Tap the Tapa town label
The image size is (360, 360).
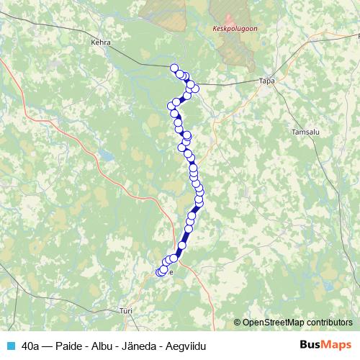click(267, 81)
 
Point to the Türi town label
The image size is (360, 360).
click(126, 312)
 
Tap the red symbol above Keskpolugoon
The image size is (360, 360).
click(230, 19)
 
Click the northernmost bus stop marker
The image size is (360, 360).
click(174, 68)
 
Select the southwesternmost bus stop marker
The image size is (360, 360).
click(160, 271)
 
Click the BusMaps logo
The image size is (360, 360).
click(324, 345)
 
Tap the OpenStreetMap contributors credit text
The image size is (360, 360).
click(299, 323)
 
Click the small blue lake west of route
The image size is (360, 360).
click(106, 154)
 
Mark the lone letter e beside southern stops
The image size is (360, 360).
click(171, 272)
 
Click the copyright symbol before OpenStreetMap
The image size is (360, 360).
click(238, 323)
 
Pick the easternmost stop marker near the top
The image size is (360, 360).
click(195, 89)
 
